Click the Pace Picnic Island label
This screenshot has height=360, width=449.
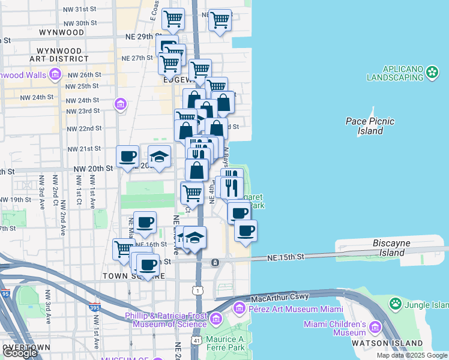click(x=370, y=126)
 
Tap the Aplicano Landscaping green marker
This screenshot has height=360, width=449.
click(x=432, y=73)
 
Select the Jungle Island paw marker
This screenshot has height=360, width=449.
click(x=396, y=304)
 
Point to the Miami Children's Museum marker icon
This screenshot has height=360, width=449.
click(x=375, y=328)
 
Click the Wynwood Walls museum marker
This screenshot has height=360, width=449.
click(x=55, y=75)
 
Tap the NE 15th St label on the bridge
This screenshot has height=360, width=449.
click(x=286, y=257)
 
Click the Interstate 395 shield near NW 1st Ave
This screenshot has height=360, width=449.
click(x=94, y=308)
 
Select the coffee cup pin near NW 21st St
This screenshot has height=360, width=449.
click(x=127, y=157)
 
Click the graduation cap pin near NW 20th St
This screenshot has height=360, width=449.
click(x=159, y=157)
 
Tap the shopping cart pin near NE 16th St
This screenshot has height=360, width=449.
click(x=124, y=248)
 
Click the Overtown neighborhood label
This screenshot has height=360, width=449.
click(x=25, y=347)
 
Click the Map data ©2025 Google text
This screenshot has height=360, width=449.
click(x=412, y=355)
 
